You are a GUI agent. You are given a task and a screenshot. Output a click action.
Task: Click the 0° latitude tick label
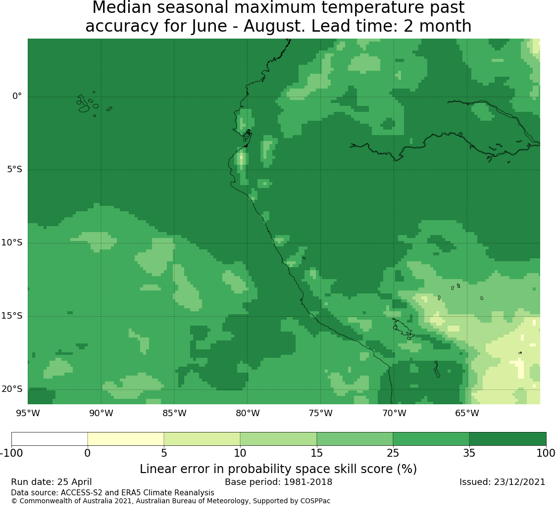17,96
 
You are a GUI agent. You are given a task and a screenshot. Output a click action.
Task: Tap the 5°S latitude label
14,169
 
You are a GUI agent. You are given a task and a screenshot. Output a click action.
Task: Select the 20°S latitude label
11,389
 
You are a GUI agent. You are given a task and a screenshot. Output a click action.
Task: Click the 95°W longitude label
28,413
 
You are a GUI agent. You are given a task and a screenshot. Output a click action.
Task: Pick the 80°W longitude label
248,413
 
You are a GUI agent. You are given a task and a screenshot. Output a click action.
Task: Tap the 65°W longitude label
467,413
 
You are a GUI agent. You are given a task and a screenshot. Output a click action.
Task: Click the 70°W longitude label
394,413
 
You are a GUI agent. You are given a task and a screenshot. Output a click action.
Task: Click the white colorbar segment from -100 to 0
50,439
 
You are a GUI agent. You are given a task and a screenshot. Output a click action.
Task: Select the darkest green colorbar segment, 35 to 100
507,439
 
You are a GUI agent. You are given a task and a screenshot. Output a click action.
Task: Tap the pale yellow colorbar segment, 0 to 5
126,439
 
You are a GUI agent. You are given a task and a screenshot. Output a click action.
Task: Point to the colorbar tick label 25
393,453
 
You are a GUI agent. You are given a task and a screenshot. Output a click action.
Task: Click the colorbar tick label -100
12,453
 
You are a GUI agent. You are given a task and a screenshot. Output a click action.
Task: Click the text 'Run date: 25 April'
51,482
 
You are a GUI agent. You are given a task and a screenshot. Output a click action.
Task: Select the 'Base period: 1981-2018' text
278,482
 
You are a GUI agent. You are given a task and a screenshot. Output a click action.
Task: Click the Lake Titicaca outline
403,329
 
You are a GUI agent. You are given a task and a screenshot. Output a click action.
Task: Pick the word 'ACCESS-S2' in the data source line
82,492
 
